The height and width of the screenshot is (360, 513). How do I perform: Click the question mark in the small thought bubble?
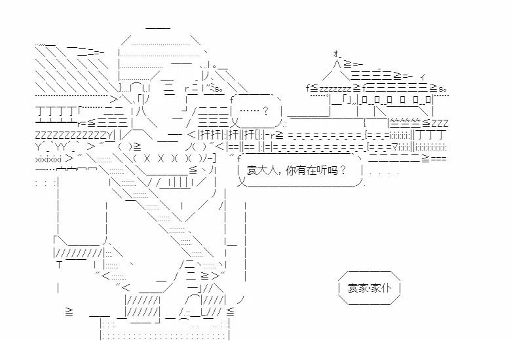[x=265, y=109]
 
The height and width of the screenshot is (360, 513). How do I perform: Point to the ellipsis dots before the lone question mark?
[x=249, y=109]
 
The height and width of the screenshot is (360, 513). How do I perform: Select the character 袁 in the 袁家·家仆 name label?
[x=353, y=288]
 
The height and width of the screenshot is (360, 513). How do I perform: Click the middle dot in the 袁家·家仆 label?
[x=370, y=288]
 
